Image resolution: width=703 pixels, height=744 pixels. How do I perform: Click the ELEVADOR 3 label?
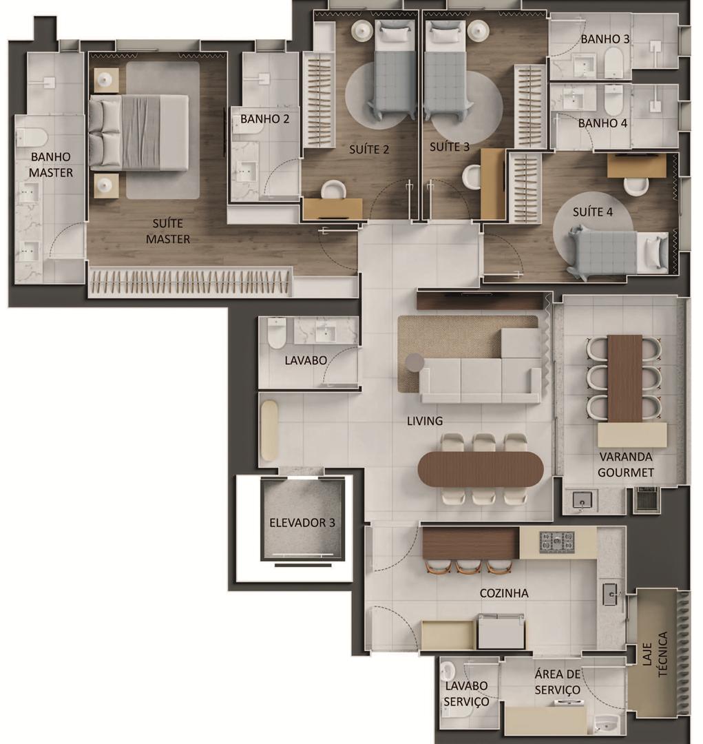click(302, 523)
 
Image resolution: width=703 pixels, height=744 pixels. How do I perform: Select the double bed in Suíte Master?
click(138, 132)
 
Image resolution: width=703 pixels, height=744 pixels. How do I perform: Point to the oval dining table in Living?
click(481, 469)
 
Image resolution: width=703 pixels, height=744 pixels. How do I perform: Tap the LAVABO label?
click(306, 360)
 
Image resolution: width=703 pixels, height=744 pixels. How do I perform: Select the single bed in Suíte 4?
click(618, 252)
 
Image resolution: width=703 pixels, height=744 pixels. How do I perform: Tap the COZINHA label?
click(504, 593)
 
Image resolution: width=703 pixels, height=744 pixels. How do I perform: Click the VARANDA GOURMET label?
click(626, 464)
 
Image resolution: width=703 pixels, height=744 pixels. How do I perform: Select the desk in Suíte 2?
click(333, 209)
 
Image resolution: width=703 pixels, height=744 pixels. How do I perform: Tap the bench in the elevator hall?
click(269, 431)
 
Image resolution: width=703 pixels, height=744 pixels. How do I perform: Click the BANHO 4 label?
click(602, 123)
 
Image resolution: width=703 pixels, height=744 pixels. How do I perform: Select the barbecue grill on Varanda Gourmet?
click(646, 499)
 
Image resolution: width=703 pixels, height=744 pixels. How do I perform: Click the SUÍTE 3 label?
click(449, 147)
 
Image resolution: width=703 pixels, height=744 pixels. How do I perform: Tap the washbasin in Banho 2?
click(246, 170)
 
